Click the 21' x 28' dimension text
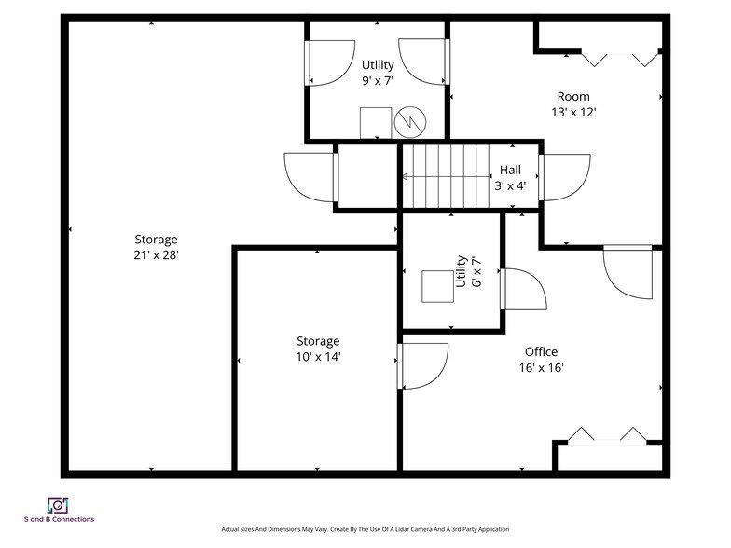click(157, 255)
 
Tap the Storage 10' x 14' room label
click(319, 349)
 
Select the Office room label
click(541, 352)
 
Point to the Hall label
click(510, 170)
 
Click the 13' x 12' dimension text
click(574, 112)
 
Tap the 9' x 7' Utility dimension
click(378, 81)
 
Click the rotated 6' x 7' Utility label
click(468, 271)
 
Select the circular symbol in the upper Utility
click(410, 123)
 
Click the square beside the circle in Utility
click(376, 123)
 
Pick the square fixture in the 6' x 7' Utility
click(438, 286)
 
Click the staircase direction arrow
click(447, 177)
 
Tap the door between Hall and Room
click(565, 177)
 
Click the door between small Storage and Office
click(422, 366)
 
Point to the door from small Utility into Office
click(523, 289)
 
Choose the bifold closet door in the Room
click(619, 60)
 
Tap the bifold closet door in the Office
click(607, 435)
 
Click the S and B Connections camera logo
click(58, 505)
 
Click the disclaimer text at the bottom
click(365, 529)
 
